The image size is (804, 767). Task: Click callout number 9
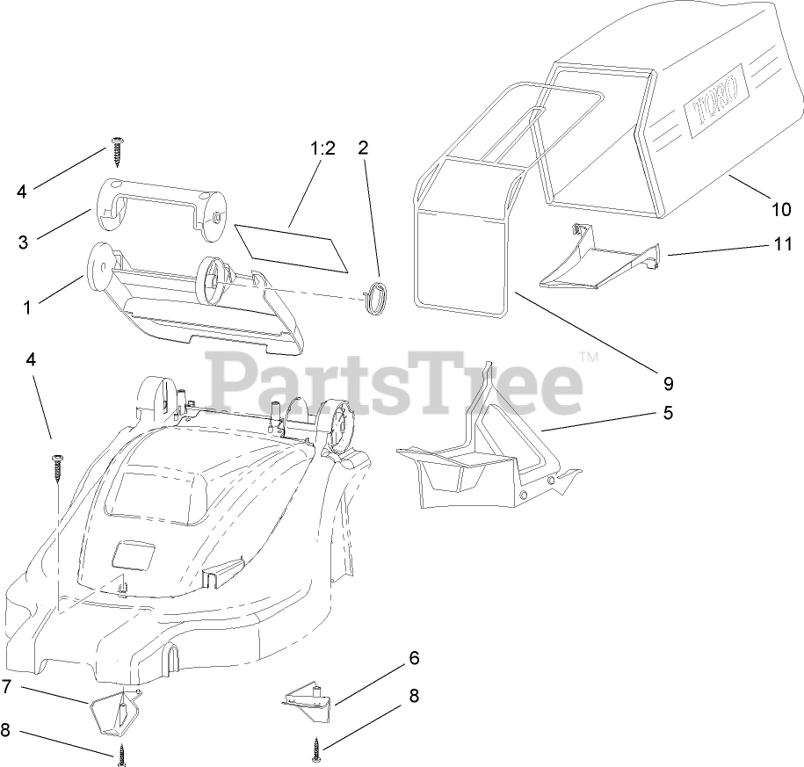pos(667,383)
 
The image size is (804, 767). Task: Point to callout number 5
pos(668,412)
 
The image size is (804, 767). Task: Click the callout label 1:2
pos(322,148)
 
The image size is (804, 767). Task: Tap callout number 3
pos(23,242)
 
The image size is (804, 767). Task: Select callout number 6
pos(414,657)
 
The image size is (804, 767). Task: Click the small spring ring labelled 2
pos(375,296)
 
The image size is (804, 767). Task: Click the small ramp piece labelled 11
pos(597,260)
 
